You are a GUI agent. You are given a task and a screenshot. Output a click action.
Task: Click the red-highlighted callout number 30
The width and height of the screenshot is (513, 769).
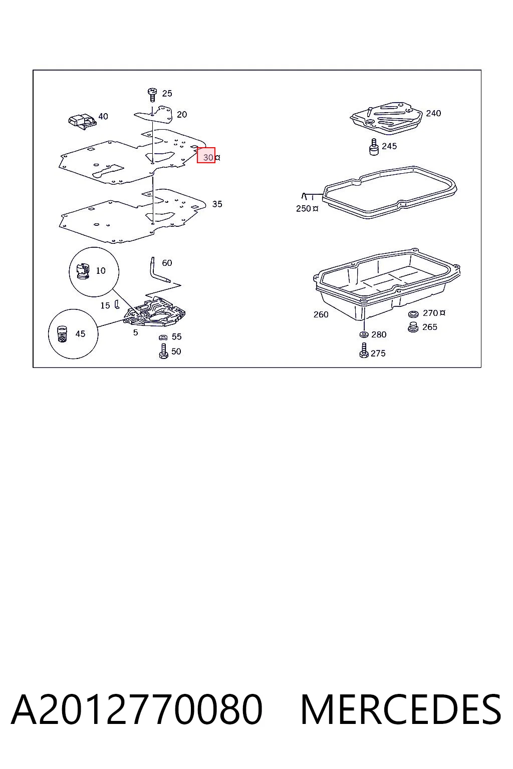coord(208,157)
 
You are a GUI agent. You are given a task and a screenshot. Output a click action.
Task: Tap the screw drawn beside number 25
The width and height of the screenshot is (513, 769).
coord(152,95)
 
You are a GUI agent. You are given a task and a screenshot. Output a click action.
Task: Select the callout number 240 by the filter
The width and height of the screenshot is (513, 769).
coord(433,113)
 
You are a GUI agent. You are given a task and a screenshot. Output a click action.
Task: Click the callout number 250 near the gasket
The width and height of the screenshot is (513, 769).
coord(304,208)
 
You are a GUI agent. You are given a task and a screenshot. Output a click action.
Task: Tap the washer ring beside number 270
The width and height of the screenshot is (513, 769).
coord(413,314)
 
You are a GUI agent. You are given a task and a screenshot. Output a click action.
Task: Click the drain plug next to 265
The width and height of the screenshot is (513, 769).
coord(413,327)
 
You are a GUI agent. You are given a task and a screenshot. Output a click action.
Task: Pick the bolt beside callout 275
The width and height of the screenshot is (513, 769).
coord(364,350)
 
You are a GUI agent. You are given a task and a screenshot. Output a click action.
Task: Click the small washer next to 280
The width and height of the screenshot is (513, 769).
coord(364,334)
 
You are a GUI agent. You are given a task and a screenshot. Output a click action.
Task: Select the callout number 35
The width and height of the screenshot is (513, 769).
coord(217,204)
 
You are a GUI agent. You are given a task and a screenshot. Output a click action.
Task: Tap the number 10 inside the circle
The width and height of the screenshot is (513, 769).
coord(101,270)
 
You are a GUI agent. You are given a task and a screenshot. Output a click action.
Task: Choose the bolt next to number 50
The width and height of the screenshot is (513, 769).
coord(163,351)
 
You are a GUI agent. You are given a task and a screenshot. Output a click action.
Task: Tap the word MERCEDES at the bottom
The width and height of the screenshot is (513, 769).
coord(401,709)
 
